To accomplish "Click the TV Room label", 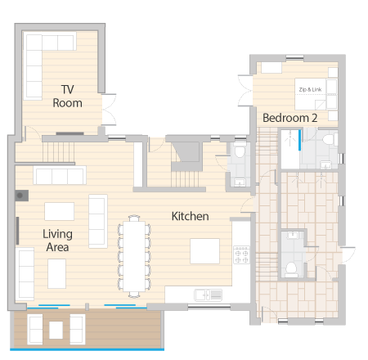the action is tap(67, 97).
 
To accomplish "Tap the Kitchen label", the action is tap(191, 216).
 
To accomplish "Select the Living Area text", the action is tap(57, 241).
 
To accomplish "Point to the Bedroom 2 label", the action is tap(290, 118).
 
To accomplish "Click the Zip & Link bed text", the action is tap(310, 89).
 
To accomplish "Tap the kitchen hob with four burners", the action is tap(241, 254).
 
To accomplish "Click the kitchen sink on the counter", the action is tap(208, 295).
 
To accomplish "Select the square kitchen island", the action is tap(204, 251).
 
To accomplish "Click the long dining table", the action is tap(134, 256).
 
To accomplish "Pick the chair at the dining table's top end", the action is tap(134, 218).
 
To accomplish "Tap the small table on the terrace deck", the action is tap(56, 330).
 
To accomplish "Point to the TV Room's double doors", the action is tap(110, 110).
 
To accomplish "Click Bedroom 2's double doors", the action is tap(245, 91).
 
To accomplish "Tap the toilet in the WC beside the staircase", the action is tap(240, 151).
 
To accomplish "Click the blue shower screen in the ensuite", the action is tap(299, 140).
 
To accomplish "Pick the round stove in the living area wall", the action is tap(20, 196).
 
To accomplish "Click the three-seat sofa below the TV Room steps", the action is tap(60, 175).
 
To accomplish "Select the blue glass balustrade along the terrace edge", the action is tap(87, 349).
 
